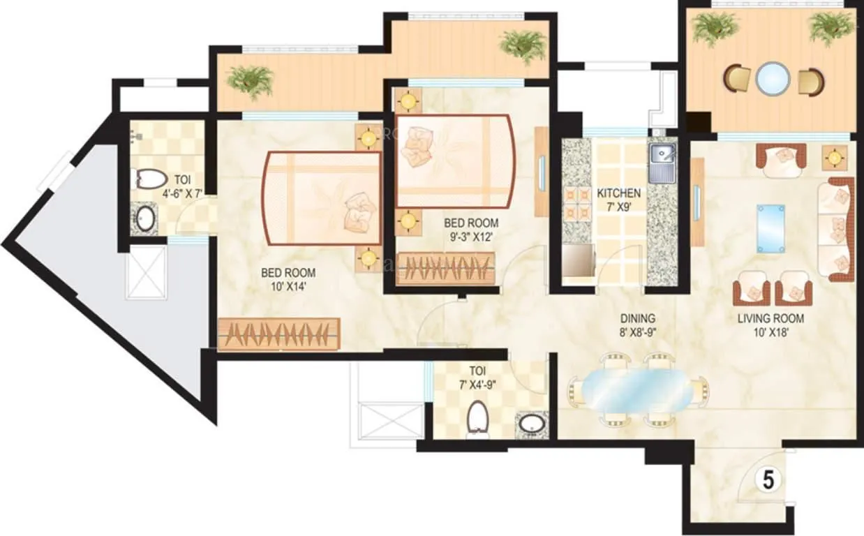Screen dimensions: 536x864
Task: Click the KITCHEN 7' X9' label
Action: [x=618, y=200]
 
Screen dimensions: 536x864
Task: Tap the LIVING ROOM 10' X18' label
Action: [x=771, y=325]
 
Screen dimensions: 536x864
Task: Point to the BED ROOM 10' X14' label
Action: [x=288, y=279]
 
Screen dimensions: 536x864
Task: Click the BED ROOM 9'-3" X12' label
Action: [x=472, y=230]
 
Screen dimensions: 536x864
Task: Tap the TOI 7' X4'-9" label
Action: [x=478, y=378]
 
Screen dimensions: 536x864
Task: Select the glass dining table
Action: [x=638, y=389]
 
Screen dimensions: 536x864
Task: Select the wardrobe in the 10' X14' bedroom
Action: [x=278, y=333]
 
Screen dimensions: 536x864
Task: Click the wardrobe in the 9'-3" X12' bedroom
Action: [x=446, y=269]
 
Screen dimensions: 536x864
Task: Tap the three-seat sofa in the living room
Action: [x=835, y=229]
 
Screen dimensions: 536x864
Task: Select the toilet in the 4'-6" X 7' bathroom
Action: [x=148, y=180]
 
